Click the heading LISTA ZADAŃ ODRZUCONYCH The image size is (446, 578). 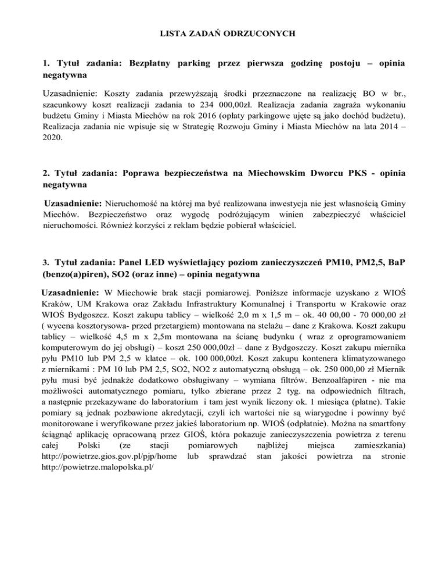point(224,34)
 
